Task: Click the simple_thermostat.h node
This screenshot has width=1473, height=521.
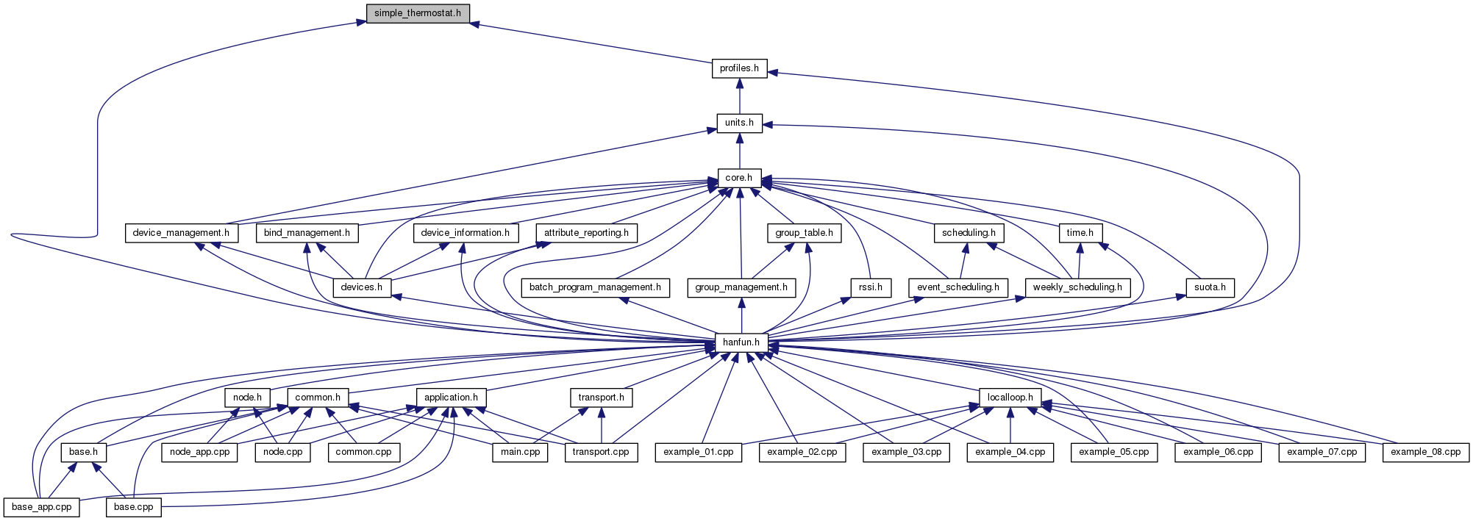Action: pyautogui.click(x=418, y=13)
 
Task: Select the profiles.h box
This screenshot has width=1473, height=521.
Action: pyautogui.click(x=739, y=68)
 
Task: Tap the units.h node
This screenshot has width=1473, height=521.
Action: pyautogui.click(x=739, y=123)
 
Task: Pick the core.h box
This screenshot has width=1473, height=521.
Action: pyautogui.click(x=739, y=178)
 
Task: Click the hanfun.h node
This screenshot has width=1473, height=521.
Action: pyautogui.click(x=741, y=342)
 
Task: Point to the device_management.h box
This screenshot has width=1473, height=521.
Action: pyautogui.click(x=181, y=233)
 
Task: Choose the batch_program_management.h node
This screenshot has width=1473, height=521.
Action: pyautogui.click(x=595, y=287)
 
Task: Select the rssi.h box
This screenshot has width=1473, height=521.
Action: pyautogui.click(x=871, y=287)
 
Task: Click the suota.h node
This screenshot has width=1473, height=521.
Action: pyautogui.click(x=1210, y=287)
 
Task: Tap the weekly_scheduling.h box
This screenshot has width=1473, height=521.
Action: pyautogui.click(x=1077, y=287)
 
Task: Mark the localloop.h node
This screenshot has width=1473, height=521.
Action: pyautogui.click(x=1010, y=398)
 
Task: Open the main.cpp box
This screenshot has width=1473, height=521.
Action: pyautogui.click(x=520, y=452)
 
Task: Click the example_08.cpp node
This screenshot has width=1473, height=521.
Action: pyautogui.click(x=1425, y=452)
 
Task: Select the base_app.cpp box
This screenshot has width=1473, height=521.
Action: pyautogui.click(x=42, y=507)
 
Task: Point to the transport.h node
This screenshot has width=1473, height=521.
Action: pyautogui.click(x=601, y=398)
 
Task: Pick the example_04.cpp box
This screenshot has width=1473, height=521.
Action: pyautogui.click(x=1010, y=452)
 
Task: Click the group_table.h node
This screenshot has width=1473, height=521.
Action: pyautogui.click(x=804, y=233)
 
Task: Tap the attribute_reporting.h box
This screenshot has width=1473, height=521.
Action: pyautogui.click(x=586, y=233)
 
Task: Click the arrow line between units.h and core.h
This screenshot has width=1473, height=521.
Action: pyautogui.click(x=739, y=151)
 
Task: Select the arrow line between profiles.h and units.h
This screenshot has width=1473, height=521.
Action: pyautogui.click(x=739, y=96)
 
